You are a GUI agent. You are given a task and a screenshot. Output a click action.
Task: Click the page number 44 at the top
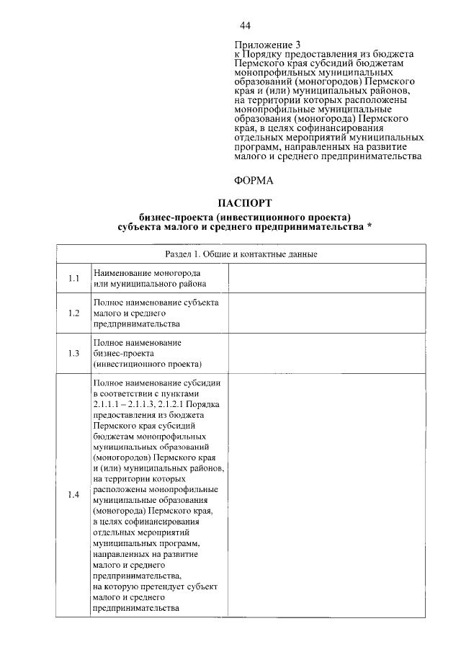point(244,26)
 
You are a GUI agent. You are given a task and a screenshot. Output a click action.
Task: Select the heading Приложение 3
point(266,45)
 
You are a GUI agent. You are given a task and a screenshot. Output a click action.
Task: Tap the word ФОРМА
point(254,181)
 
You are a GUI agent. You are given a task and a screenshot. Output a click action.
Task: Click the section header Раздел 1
point(244,254)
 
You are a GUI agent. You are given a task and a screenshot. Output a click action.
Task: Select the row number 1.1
point(73,279)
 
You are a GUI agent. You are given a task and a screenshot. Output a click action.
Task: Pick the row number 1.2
point(73,313)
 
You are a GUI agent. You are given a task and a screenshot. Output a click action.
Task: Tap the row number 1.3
point(73,353)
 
